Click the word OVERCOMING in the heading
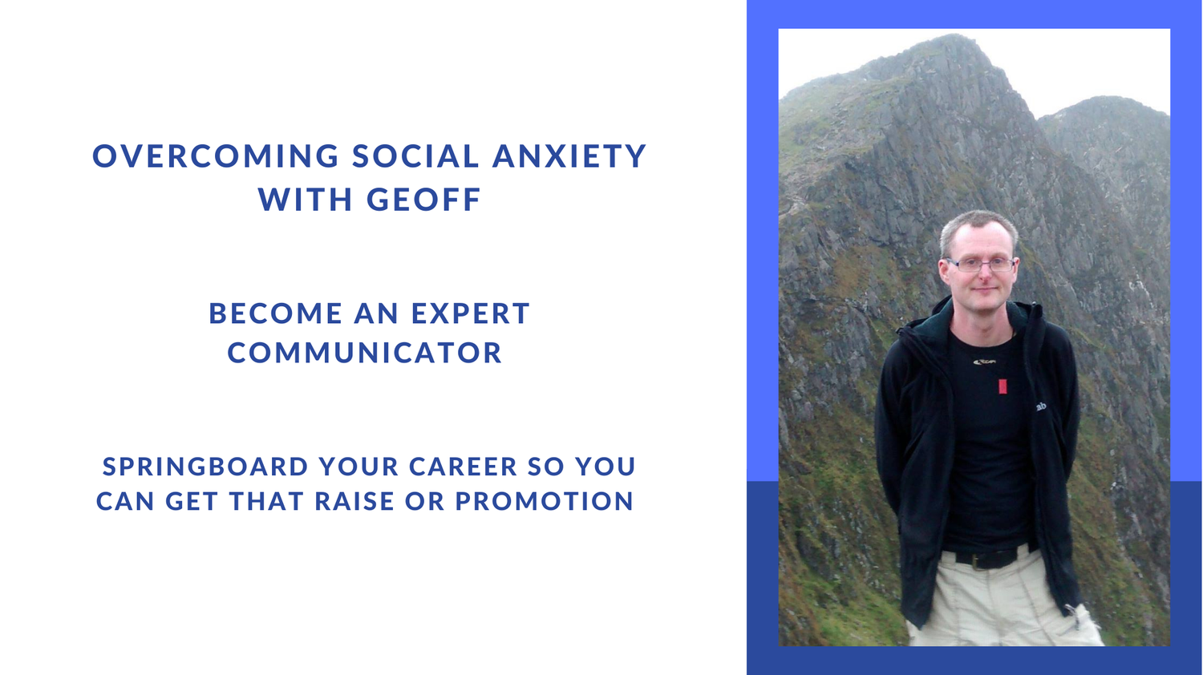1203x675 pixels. [216, 156]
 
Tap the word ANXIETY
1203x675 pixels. [569, 156]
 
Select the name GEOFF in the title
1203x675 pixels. [423, 200]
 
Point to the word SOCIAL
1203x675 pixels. [415, 156]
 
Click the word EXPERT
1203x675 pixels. [471, 313]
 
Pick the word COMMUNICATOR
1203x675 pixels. [365, 353]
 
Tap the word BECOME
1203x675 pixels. [276, 313]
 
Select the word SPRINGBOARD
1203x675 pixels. [205, 466]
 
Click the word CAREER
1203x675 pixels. [463, 466]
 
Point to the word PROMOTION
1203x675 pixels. [545, 501]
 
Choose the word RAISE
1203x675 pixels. [354, 501]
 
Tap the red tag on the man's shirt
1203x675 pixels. [1003, 386]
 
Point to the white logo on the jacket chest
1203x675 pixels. [1041, 407]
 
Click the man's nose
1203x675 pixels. [982, 274]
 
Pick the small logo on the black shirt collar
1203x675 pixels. [984, 362]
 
